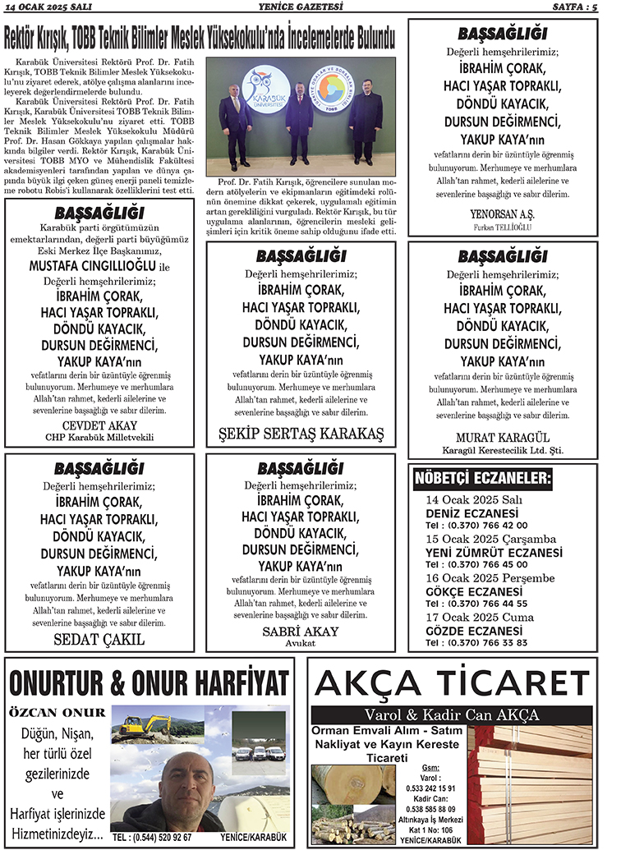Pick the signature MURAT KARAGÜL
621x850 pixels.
coord(502,437)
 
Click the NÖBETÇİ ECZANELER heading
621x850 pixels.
coord(483,478)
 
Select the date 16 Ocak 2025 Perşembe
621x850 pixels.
coord(491,578)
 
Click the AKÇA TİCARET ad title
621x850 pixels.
coord(453,683)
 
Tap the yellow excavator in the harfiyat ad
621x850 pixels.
coord(140,725)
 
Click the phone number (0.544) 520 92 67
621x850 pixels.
coord(152,837)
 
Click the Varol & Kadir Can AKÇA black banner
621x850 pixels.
coord(453,713)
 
